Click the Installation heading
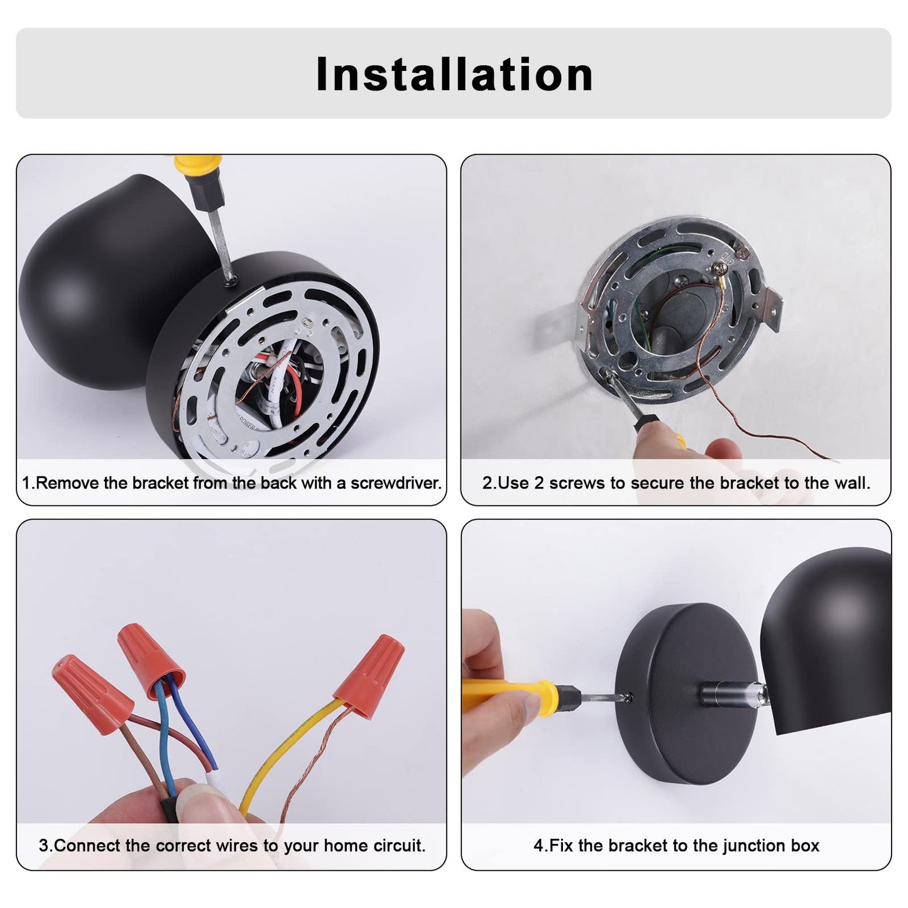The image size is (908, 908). tap(454, 74)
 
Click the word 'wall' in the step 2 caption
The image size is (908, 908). tap(855, 483)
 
